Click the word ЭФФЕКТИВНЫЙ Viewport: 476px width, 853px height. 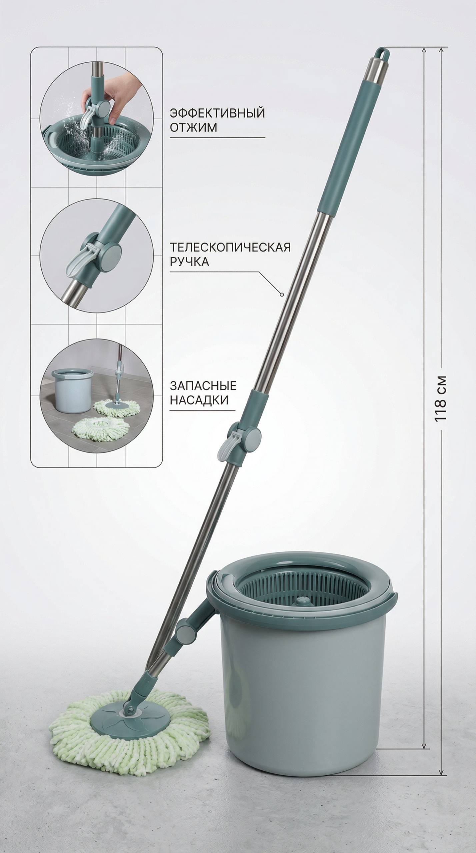coord(217,113)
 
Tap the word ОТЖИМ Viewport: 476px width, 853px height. coord(193,127)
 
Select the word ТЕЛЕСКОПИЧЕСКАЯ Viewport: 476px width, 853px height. coord(230,247)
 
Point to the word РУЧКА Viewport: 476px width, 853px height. coord(189,262)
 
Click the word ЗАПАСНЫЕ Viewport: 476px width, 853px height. coord(203,386)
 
